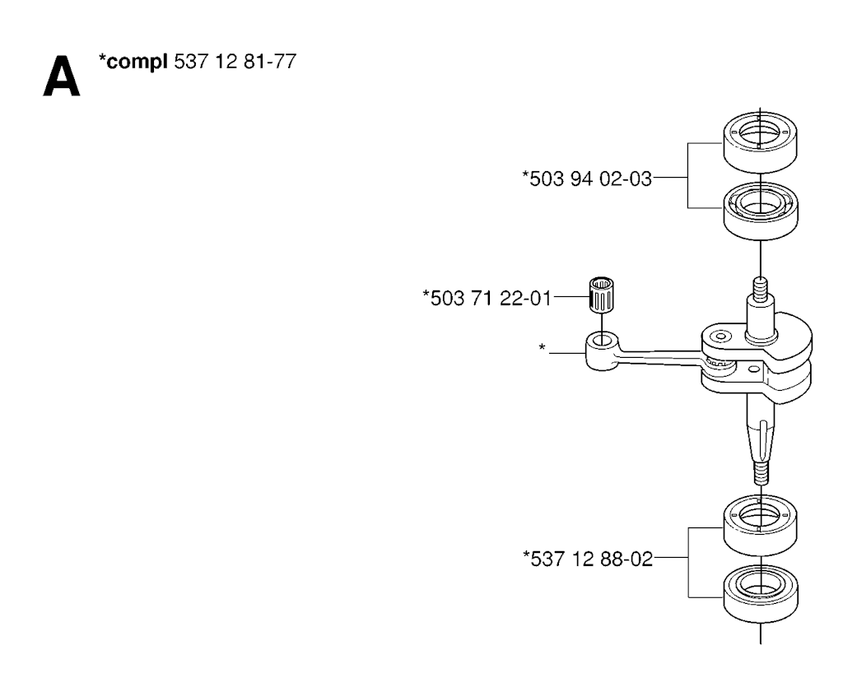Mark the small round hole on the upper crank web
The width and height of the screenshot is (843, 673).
pyautogui.click(x=721, y=336)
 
